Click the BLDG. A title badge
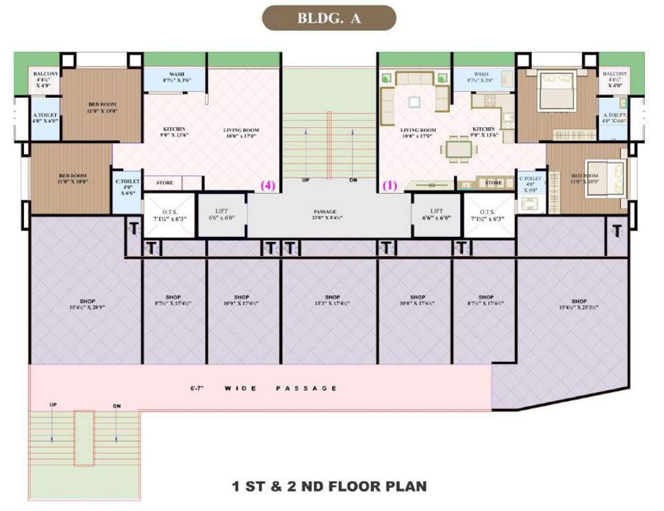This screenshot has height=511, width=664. (329, 19)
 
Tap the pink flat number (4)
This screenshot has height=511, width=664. (269, 186)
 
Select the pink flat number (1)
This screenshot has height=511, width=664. (389, 186)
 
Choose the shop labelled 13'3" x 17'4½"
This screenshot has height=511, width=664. (329, 300)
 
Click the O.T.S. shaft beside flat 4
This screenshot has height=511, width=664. (169, 214)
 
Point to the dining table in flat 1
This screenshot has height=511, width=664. (457, 148)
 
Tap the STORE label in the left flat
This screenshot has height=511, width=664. (165, 182)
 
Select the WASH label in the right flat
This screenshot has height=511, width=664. (481, 74)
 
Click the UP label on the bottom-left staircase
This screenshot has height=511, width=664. (53, 405)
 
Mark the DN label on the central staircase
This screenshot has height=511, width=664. (354, 181)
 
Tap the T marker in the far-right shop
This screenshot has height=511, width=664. (617, 231)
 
